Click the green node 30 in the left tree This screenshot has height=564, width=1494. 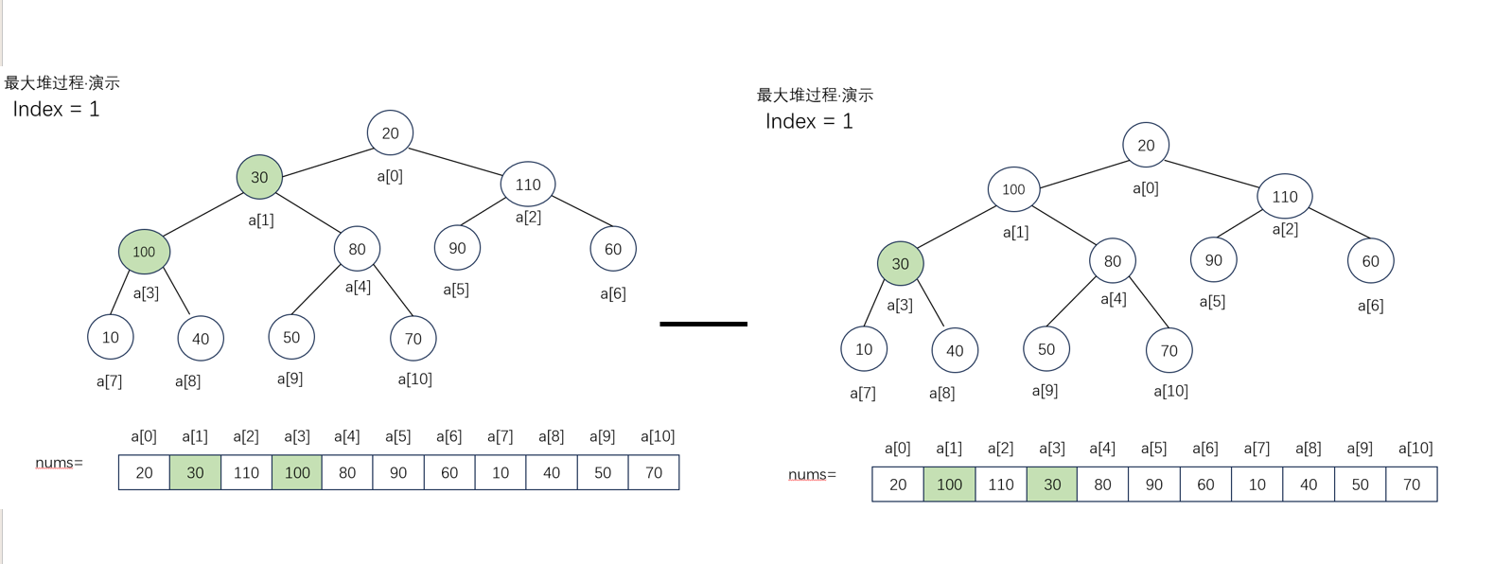coord(259,177)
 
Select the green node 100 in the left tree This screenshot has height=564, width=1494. coord(144,252)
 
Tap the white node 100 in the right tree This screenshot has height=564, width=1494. coord(1013,189)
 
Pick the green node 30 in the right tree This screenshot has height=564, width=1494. coord(900,264)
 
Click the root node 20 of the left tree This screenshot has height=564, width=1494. coord(390,133)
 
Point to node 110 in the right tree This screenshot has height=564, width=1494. coord(1284,197)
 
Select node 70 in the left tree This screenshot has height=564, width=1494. coord(413,339)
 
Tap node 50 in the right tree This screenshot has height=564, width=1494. coord(1046,349)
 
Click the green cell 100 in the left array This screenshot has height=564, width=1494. coord(297,472)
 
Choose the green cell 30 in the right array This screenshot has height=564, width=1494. coord(1052,485)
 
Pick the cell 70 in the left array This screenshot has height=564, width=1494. coord(654,472)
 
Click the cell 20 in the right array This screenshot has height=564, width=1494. coord(898,485)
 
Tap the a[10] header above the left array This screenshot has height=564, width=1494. coord(658,436)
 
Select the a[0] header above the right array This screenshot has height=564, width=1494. coord(897,448)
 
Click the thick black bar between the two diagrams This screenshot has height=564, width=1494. coord(703,324)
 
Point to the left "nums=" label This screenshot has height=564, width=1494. coord(59,463)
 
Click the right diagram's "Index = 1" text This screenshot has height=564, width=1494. coord(809,121)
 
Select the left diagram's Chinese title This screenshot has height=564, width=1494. coord(62,83)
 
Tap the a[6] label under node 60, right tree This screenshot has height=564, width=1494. coord(1370,306)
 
